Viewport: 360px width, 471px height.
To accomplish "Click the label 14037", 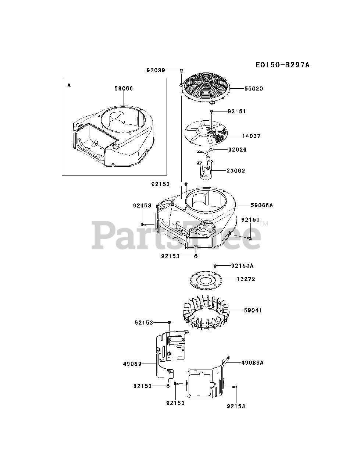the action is point(251,136).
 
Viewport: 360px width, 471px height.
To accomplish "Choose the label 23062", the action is point(236,171).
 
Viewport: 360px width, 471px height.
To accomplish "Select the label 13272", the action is point(246,279).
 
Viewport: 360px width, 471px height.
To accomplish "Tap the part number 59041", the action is point(253,311).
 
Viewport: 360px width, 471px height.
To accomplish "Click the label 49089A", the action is point(253,363).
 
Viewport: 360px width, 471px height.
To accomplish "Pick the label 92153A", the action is point(242,265).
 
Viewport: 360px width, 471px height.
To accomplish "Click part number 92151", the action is point(237,111).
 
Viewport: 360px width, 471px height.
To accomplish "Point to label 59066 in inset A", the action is point(124,89).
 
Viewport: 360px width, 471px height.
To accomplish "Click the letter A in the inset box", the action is point(69,85).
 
